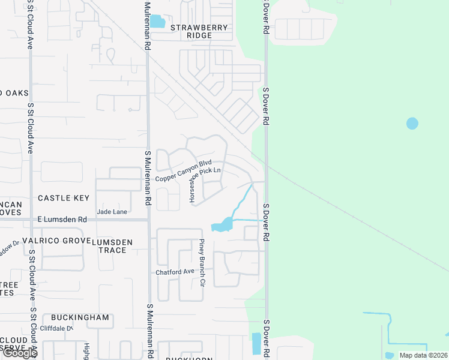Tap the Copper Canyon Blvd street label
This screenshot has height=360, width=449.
[x=184, y=171]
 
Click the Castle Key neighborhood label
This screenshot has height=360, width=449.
[x=64, y=198]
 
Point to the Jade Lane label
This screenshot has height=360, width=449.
[x=112, y=212]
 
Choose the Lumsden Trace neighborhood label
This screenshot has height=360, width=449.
[x=112, y=245]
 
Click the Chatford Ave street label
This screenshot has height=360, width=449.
[x=175, y=272]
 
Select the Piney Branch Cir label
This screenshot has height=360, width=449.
[x=202, y=262]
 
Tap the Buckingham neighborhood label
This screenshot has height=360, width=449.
[x=80, y=317]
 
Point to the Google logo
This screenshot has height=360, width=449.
[x=19, y=353]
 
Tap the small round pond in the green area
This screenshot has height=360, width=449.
[x=412, y=124]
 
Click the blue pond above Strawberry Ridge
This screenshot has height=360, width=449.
[x=157, y=22]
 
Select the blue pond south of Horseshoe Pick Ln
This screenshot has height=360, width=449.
[x=222, y=226]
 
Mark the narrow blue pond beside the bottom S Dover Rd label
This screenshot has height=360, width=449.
[x=257, y=343]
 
